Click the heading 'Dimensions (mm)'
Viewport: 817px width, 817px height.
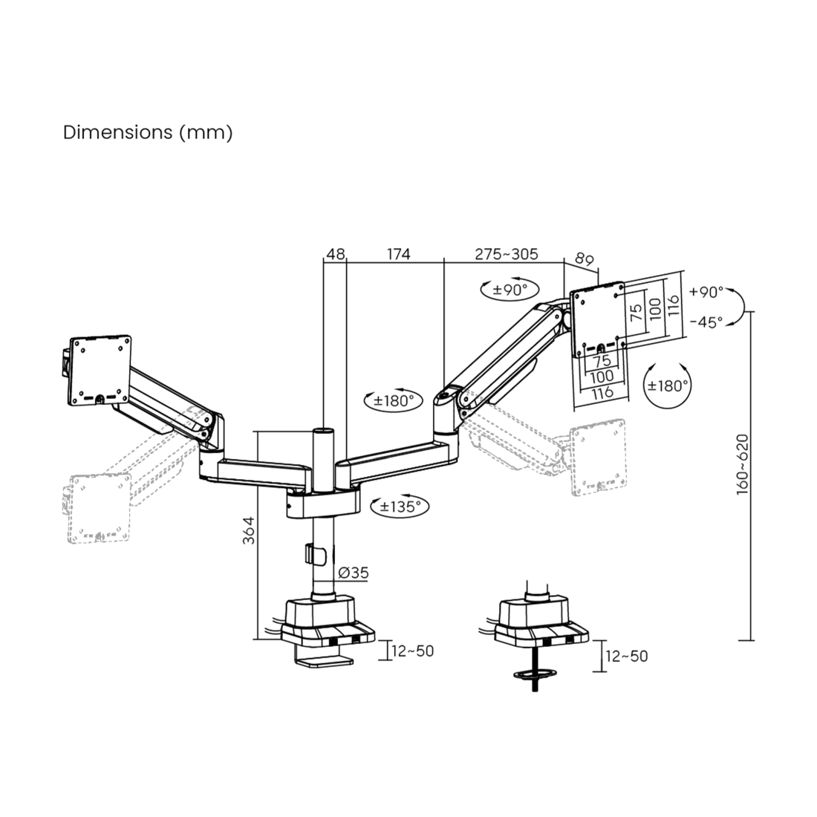pyautogui.click(x=148, y=132)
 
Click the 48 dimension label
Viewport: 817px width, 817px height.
pyautogui.click(x=335, y=254)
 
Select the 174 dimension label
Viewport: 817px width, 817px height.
pyautogui.click(x=399, y=254)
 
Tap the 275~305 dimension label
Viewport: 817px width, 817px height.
pyautogui.click(x=506, y=254)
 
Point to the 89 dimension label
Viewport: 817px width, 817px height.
pyautogui.click(x=584, y=258)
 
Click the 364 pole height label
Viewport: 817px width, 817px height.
pyautogui.click(x=249, y=530)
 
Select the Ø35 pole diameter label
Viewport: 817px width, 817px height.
pyautogui.click(x=354, y=573)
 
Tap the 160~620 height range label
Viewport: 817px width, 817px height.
pyautogui.click(x=743, y=464)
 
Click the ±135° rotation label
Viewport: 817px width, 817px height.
pyautogui.click(x=400, y=506)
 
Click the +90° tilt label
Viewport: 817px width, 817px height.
pyautogui.click(x=706, y=292)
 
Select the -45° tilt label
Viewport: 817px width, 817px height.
pyautogui.click(x=706, y=322)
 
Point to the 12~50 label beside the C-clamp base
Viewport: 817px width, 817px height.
pyautogui.click(x=412, y=651)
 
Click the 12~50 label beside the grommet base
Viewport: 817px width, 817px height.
pyautogui.click(x=626, y=656)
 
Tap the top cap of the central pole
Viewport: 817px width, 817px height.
pyautogui.click(x=323, y=432)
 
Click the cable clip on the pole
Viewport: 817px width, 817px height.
pyautogui.click(x=315, y=554)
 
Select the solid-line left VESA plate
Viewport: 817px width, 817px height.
pyautogui.click(x=100, y=371)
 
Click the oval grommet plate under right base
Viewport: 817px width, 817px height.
pyautogui.click(x=535, y=674)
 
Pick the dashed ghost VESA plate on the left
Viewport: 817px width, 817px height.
pyautogui.click(x=100, y=508)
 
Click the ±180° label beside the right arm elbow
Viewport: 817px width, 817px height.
pyautogui.click(x=394, y=400)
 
